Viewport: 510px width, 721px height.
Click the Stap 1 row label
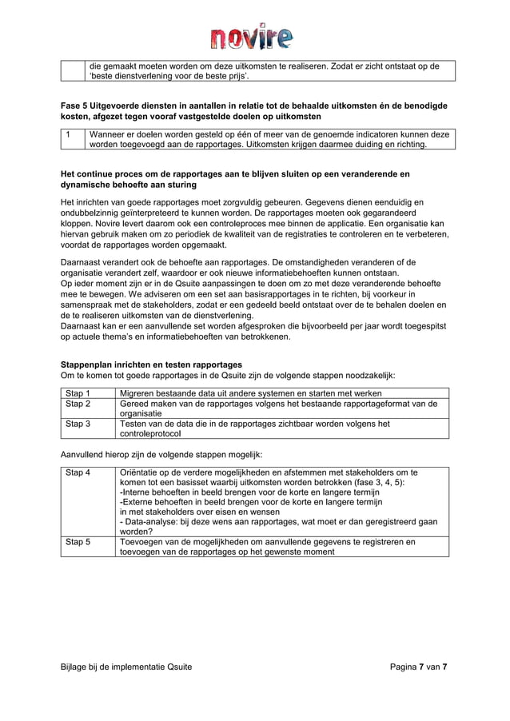click(x=78, y=393)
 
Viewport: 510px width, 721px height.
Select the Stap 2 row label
click(x=78, y=404)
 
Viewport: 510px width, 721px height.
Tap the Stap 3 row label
click(x=78, y=424)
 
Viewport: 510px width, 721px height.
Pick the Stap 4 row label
click(x=78, y=472)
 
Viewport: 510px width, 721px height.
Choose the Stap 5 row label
click(x=78, y=542)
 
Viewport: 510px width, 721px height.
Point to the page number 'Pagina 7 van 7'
click(x=418, y=667)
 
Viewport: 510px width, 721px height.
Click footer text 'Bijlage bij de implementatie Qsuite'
click(x=126, y=667)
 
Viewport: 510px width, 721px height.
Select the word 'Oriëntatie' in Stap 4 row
click(x=141, y=472)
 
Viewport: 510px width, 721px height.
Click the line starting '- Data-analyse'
click(x=277, y=521)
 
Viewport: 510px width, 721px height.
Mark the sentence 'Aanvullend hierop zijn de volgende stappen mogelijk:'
click(x=161, y=454)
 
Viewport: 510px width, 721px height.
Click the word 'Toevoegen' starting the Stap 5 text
click(x=141, y=542)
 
